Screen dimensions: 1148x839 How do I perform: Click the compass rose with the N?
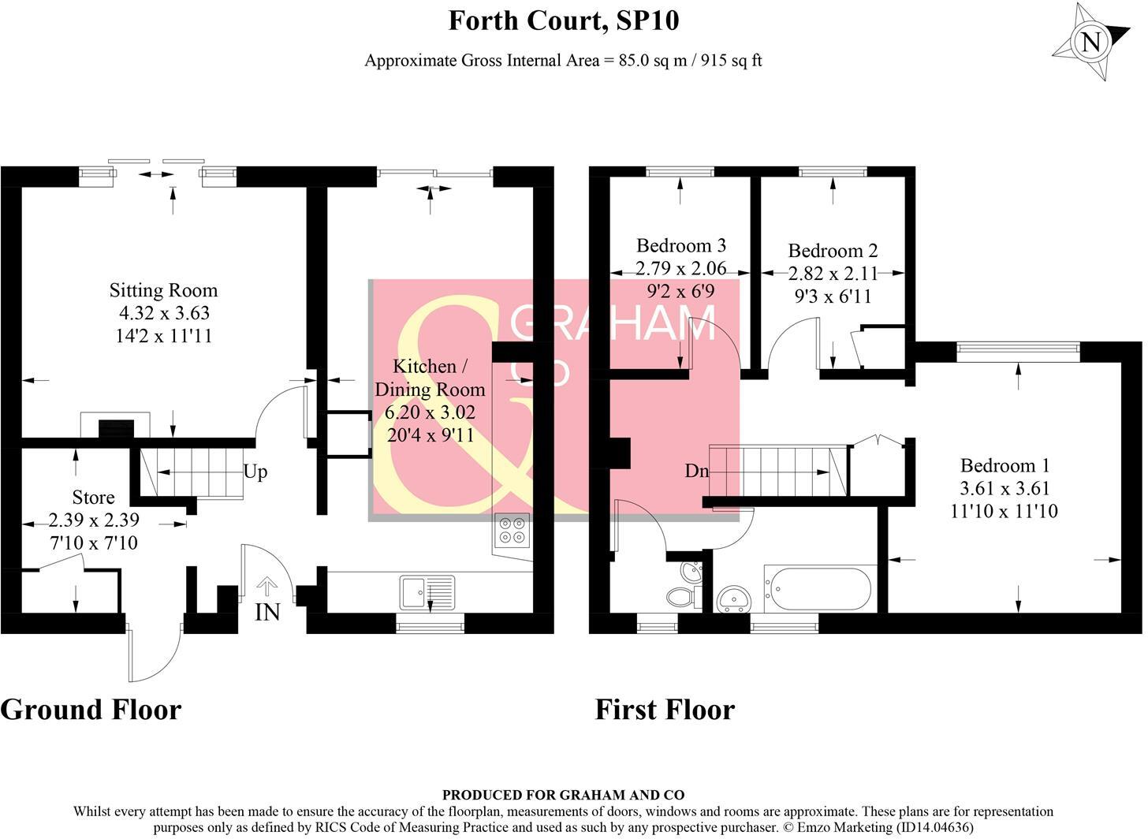(1091, 41)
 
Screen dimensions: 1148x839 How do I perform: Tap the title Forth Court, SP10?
(563, 21)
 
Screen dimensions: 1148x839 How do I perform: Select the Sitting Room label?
(163, 290)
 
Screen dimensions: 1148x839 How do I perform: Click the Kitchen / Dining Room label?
(430, 378)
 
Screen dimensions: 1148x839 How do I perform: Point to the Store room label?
(93, 498)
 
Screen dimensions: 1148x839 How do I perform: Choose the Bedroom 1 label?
(1004, 465)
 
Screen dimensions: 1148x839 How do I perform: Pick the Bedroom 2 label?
(833, 251)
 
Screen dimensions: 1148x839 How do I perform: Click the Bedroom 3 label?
(681, 245)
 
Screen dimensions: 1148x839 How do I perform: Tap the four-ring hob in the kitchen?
(512, 530)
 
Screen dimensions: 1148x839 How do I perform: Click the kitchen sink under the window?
(427, 590)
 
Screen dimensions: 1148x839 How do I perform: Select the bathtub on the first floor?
(819, 588)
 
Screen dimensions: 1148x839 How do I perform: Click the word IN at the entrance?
(267, 612)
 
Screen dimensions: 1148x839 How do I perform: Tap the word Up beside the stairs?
(255, 472)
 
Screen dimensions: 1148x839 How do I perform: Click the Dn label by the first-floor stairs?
(697, 471)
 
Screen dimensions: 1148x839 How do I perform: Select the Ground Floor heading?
(91, 710)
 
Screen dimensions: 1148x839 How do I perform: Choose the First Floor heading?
(664, 710)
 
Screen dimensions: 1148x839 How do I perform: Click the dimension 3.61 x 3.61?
(1004, 488)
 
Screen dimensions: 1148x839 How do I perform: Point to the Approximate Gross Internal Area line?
(563, 61)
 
